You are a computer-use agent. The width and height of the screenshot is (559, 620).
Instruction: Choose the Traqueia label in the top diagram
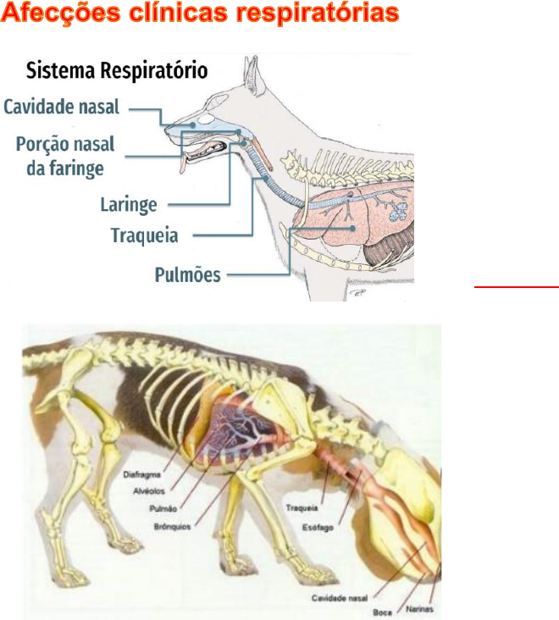coord(145,235)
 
